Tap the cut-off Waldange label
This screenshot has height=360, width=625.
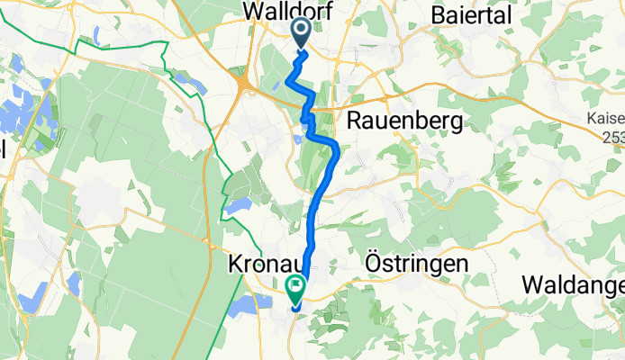click(x=574, y=284)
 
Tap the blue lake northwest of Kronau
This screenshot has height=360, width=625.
click(x=236, y=206)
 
